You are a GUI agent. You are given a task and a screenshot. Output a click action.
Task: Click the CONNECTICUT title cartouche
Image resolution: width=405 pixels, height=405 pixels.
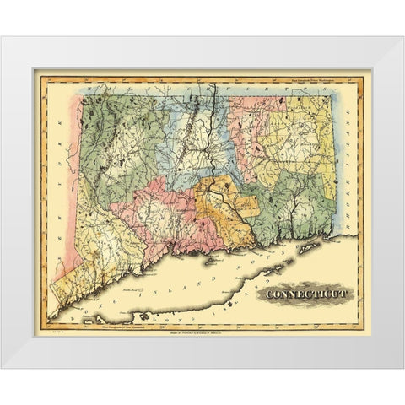310,294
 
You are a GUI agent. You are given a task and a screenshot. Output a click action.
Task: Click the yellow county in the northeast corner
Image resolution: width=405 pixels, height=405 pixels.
312,135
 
